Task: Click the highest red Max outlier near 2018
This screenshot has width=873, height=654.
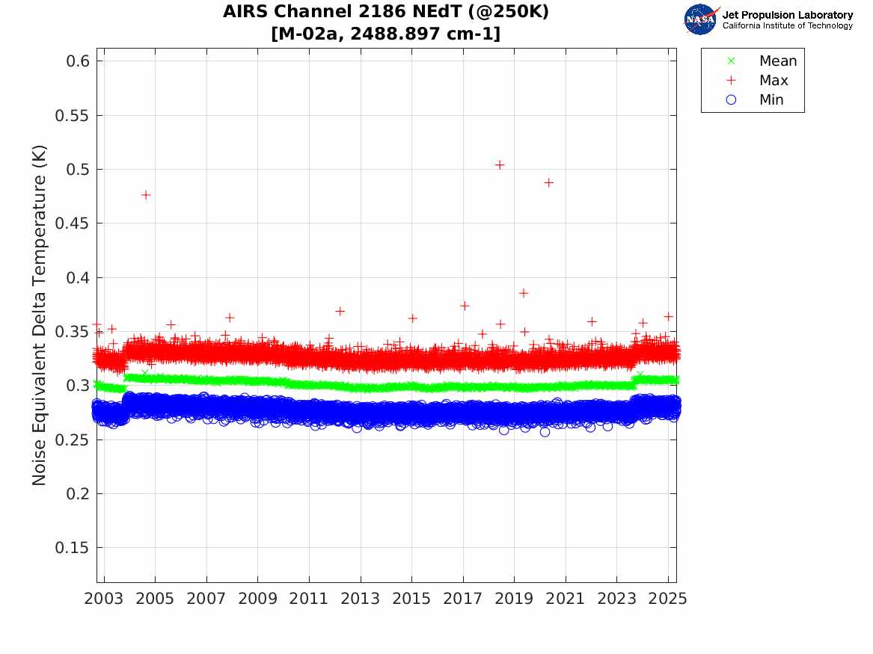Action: [x=500, y=164]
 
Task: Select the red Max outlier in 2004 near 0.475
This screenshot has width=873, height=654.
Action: [x=146, y=195]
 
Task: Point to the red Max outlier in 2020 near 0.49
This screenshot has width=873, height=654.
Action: [x=548, y=182]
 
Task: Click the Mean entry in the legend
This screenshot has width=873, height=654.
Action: [x=777, y=61]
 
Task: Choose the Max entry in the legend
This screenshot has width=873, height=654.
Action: [x=774, y=81]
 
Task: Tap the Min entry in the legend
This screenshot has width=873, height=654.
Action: [x=771, y=100]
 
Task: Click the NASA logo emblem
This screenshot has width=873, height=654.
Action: [x=700, y=19]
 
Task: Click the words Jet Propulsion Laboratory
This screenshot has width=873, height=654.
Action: [x=787, y=15]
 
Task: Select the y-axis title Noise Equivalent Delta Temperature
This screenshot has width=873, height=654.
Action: [x=40, y=315]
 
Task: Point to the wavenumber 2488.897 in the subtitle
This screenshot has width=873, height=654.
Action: [x=405, y=34]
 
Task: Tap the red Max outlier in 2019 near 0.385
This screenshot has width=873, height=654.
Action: [x=524, y=293]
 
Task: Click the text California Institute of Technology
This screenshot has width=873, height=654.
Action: [x=787, y=26]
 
